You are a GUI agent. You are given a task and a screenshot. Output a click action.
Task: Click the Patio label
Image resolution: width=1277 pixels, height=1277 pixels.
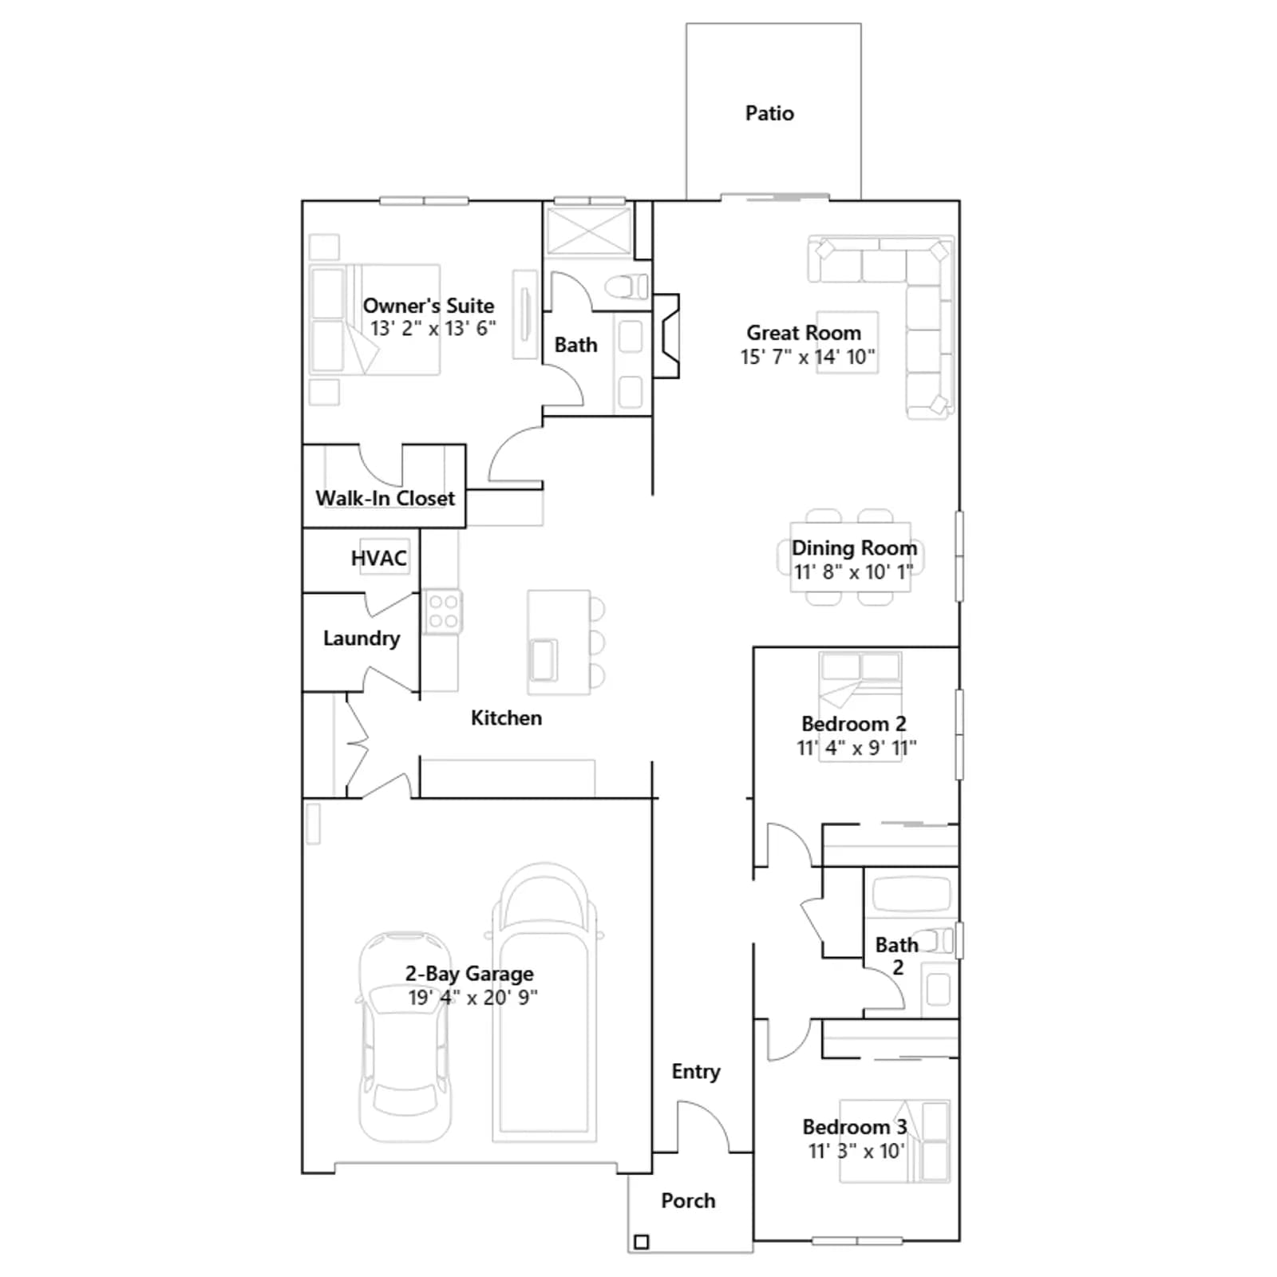click(769, 113)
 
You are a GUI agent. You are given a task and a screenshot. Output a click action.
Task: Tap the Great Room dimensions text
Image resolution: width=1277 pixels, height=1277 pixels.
click(808, 357)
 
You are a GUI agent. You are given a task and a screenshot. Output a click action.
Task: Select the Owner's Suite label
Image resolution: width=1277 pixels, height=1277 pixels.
click(429, 306)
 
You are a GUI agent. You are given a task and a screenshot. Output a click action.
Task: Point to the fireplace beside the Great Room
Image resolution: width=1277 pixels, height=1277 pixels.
click(666, 336)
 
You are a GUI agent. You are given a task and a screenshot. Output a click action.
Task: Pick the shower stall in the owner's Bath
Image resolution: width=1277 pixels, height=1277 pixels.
click(588, 231)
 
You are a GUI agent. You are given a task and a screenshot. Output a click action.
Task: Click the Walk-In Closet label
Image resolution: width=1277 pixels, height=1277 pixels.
click(385, 498)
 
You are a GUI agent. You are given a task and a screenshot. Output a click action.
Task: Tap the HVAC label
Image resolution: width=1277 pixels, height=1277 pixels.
click(378, 559)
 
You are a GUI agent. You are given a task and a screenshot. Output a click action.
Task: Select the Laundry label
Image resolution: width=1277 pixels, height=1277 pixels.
click(362, 638)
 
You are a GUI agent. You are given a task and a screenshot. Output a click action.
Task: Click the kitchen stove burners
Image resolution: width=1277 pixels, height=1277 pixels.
click(442, 611)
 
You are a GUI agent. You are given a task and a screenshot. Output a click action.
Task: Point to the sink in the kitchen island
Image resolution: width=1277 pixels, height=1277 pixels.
click(544, 660)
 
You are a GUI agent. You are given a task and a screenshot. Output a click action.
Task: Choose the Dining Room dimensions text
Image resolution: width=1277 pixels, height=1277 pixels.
click(853, 572)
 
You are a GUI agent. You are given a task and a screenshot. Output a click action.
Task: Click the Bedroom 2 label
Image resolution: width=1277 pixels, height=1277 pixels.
click(854, 724)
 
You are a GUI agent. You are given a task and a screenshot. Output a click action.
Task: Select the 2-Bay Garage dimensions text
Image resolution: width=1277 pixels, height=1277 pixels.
click(472, 998)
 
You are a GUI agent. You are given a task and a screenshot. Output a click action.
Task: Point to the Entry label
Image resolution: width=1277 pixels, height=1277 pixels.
click(696, 1071)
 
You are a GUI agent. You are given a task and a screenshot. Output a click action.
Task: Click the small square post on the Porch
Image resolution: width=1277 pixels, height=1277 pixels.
click(641, 1242)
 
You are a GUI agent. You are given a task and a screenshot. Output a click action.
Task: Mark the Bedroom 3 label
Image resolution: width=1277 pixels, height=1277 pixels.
click(855, 1127)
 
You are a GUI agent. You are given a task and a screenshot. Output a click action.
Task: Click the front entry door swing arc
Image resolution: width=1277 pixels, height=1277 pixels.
click(714, 1116)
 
